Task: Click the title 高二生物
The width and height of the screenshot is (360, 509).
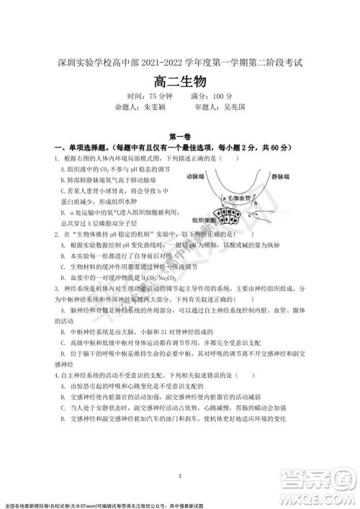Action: [179, 81]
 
